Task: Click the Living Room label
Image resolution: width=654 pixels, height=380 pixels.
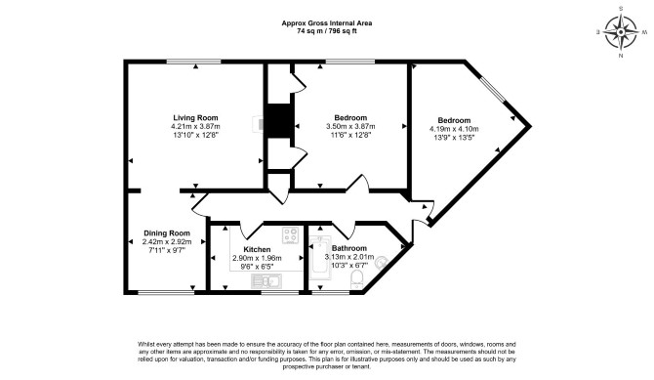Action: point(195,118)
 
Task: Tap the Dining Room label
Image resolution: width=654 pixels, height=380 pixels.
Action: point(167,233)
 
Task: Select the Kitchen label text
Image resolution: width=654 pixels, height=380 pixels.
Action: point(257,249)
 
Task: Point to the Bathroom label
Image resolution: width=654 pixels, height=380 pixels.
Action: point(349,248)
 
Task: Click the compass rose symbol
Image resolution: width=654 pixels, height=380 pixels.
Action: point(621,32)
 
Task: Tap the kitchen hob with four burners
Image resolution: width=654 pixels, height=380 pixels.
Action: point(290,235)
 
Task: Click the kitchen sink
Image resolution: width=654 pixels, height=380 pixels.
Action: point(266,281)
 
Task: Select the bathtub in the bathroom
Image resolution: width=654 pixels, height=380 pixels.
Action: point(320,259)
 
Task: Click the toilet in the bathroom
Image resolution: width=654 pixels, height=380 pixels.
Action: point(357,279)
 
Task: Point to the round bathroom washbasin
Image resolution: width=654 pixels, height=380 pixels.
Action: point(382,263)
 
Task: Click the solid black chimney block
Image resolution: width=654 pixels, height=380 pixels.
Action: point(278,121)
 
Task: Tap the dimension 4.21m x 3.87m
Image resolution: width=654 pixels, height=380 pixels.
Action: point(195,127)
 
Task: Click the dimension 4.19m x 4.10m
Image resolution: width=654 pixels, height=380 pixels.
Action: point(454,129)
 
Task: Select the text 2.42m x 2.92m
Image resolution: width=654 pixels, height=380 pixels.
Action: point(167,242)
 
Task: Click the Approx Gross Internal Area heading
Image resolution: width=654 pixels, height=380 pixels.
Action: point(327,23)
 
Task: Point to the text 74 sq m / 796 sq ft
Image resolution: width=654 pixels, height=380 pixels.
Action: point(327,31)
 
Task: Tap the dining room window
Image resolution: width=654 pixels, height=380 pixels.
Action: point(166,292)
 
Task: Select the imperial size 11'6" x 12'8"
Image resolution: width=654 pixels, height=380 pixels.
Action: point(350,135)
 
